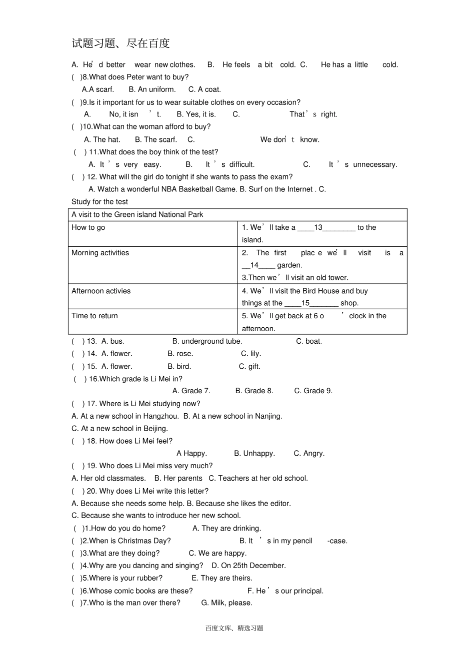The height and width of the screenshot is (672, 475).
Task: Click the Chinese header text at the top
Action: [120, 43]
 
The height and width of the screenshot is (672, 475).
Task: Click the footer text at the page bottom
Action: [234, 628]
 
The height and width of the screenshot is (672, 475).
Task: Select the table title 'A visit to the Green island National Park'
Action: [137, 214]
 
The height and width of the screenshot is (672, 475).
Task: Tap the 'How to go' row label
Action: [88, 227]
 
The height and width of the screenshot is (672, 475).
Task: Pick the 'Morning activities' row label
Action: [100, 253]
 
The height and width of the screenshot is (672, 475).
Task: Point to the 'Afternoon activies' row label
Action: [101, 291]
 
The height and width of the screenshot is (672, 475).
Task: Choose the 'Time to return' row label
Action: [94, 316]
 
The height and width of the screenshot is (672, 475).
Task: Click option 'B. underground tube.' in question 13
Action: [207, 341]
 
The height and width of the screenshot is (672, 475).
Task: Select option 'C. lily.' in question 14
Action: [250, 353]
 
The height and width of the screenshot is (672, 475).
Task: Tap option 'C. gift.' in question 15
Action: [249, 366]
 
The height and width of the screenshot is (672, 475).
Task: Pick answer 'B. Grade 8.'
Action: [254, 391]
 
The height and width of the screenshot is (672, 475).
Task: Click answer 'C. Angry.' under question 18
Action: [309, 453]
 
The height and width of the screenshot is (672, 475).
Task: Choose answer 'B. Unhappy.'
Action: [254, 453]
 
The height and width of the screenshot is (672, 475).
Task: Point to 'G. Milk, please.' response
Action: [226, 603]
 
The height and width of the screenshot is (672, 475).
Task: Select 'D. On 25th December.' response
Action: [248, 566]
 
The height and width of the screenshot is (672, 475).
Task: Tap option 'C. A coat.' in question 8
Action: [204, 89]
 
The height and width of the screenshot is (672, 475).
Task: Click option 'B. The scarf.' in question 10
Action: [156, 139]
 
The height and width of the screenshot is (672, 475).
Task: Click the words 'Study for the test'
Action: [99, 202]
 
